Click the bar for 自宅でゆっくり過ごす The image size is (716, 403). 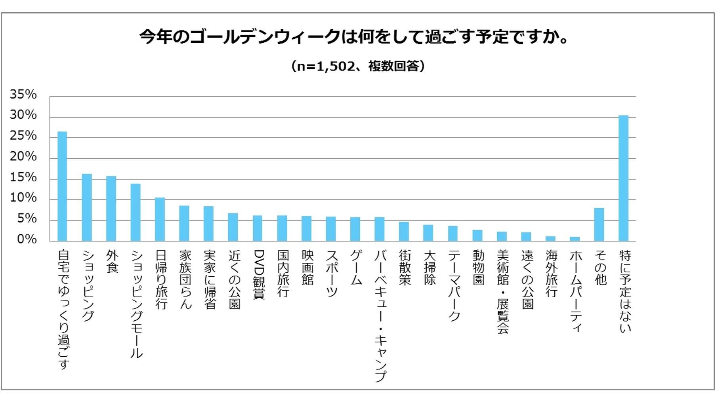tap(62, 186)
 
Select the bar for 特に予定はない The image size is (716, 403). tap(623, 178)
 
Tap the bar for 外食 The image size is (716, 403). tap(111, 209)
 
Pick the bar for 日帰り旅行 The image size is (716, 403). tap(160, 219)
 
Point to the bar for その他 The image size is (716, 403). tap(599, 224)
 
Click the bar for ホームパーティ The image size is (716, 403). tap(575, 239)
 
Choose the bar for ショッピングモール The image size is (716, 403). tap(136, 212)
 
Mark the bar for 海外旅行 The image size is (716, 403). tap(550, 238)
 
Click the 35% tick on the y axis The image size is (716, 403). tap(23, 94)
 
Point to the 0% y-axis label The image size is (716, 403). tap(27, 239)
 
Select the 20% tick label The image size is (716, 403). tap(23, 156)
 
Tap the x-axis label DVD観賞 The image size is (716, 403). tap(258, 274)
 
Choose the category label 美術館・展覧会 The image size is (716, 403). tap(502, 291)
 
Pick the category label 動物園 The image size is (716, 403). tap(478, 267)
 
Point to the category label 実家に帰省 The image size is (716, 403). tap(210, 279)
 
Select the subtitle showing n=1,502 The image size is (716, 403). tap(358, 66)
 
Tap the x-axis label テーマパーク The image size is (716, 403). tap(454, 285)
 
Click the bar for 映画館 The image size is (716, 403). tap(306, 228)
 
